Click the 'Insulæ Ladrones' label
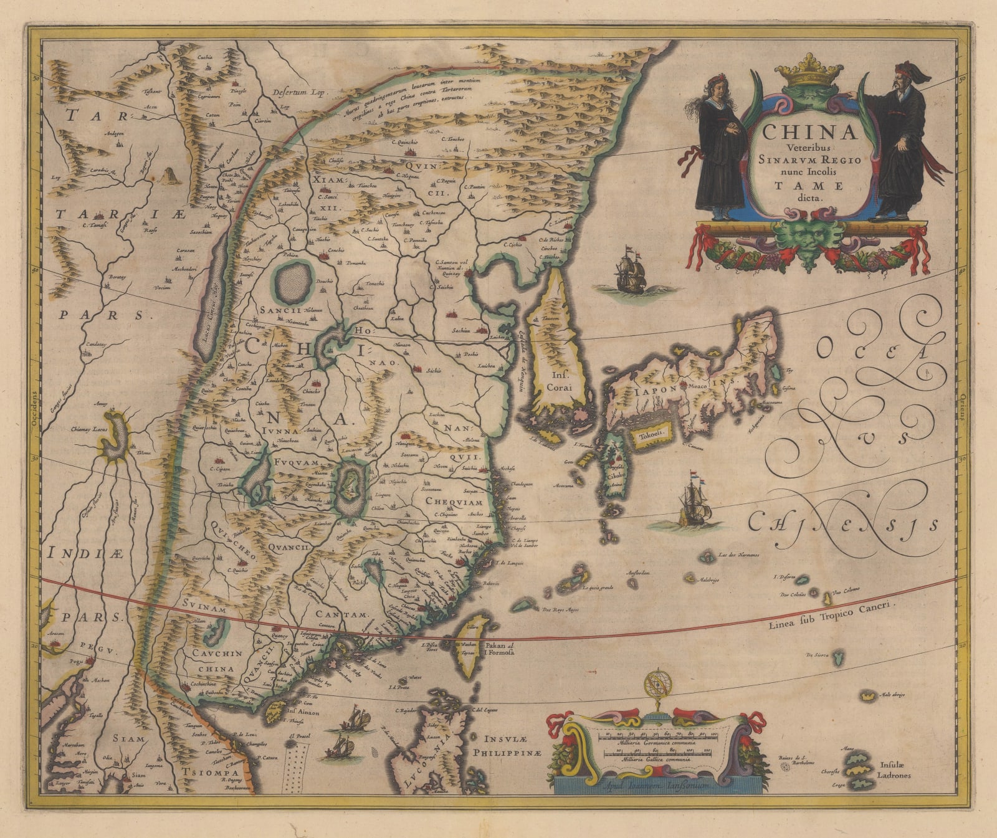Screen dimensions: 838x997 (x=895, y=771)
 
